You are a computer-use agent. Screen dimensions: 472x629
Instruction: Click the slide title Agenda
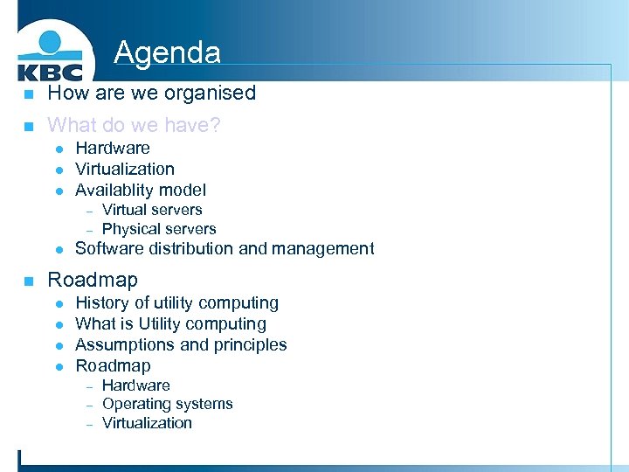[167, 52]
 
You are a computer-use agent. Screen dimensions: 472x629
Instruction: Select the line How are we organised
[151, 93]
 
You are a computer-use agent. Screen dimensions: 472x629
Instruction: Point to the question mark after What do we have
[215, 126]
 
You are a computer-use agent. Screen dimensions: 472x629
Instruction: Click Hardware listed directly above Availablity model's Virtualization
[112, 149]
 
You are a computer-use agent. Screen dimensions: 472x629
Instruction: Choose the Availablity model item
[141, 190]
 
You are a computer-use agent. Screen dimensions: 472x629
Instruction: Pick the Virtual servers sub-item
[152, 210]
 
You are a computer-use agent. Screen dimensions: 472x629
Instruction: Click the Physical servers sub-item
[159, 229]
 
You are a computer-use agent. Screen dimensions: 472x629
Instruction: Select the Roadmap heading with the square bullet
[93, 280]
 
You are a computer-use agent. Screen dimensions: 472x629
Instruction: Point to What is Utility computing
[170, 323]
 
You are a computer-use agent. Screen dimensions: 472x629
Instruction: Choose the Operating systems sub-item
[167, 404]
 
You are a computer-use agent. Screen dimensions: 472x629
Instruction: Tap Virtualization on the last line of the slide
[147, 423]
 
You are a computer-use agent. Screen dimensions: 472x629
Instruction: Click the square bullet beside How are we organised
[28, 94]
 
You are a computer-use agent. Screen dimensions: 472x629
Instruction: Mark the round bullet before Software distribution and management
[59, 250]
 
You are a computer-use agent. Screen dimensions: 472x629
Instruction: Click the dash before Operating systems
[89, 405]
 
